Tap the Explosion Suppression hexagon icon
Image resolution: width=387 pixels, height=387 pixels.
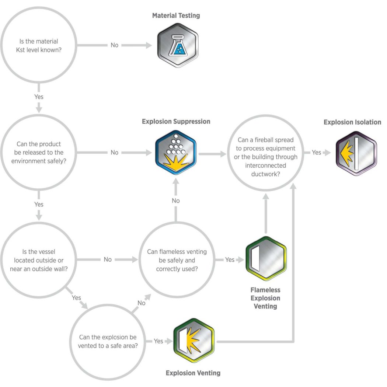coord(175,152)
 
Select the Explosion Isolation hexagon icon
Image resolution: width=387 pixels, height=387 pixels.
coord(356,153)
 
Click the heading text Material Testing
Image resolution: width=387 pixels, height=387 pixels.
coord(176,15)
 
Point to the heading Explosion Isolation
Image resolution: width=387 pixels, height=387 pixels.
coord(352,122)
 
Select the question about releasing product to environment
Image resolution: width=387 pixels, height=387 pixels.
coord(39,152)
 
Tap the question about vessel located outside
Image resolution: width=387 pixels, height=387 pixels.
coord(39,259)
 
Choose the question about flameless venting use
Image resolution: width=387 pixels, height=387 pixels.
coord(177,259)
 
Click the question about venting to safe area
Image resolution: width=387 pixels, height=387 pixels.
coord(108,341)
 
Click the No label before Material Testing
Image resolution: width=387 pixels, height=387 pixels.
coord(115,45)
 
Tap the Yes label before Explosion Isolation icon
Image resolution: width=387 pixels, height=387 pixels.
coord(316,152)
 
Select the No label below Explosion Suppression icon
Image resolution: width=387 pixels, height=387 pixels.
coord(176,201)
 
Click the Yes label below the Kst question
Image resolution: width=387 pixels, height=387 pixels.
coord(39,97)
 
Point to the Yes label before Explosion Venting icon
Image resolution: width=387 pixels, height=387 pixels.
coord(158,341)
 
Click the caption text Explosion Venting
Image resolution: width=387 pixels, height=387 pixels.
coord(193,373)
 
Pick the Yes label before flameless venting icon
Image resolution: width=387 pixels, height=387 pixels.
coord(230,259)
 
